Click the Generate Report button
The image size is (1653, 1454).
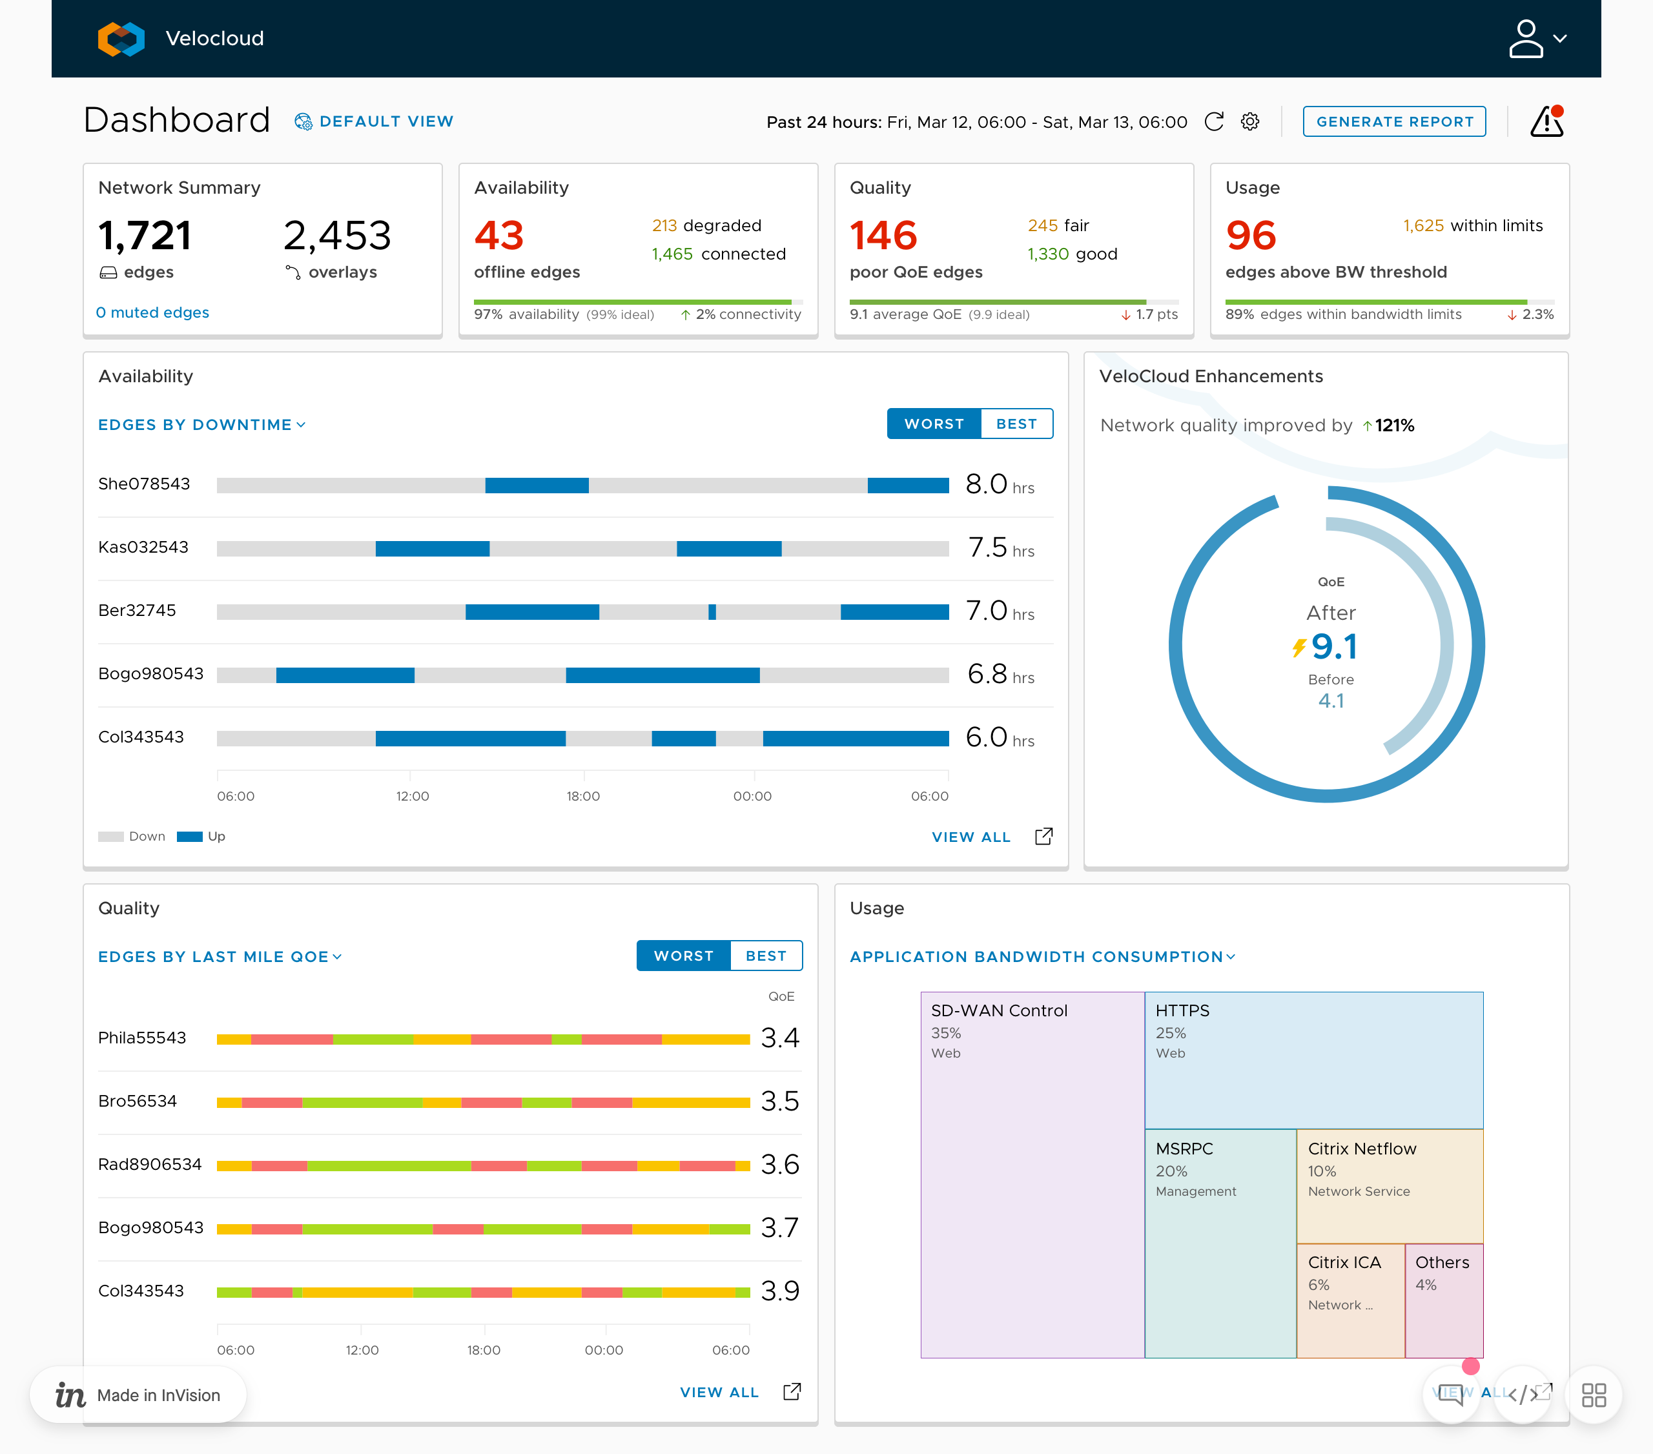pyautogui.click(x=1393, y=121)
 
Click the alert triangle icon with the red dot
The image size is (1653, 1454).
pyautogui.click(x=1546, y=122)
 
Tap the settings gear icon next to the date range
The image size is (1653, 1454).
pyautogui.click(x=1249, y=121)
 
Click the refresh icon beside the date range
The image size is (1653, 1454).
pyautogui.click(x=1213, y=121)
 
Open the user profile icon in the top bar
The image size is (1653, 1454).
pyautogui.click(x=1525, y=39)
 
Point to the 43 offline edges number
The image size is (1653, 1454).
pyautogui.click(x=499, y=235)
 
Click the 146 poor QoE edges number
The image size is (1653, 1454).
pyautogui.click(x=883, y=235)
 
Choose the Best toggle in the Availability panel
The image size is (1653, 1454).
pyautogui.click(x=1016, y=424)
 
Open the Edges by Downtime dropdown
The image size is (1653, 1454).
pyautogui.click(x=201, y=425)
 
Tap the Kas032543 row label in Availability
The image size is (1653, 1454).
pyautogui.click(x=143, y=548)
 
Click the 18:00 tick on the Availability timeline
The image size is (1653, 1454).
pyautogui.click(x=582, y=795)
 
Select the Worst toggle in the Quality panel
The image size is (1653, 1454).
pyautogui.click(x=683, y=956)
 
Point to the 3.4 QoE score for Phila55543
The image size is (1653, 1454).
pyautogui.click(x=779, y=1038)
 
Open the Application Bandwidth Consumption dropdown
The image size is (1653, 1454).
pyautogui.click(x=1042, y=957)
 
